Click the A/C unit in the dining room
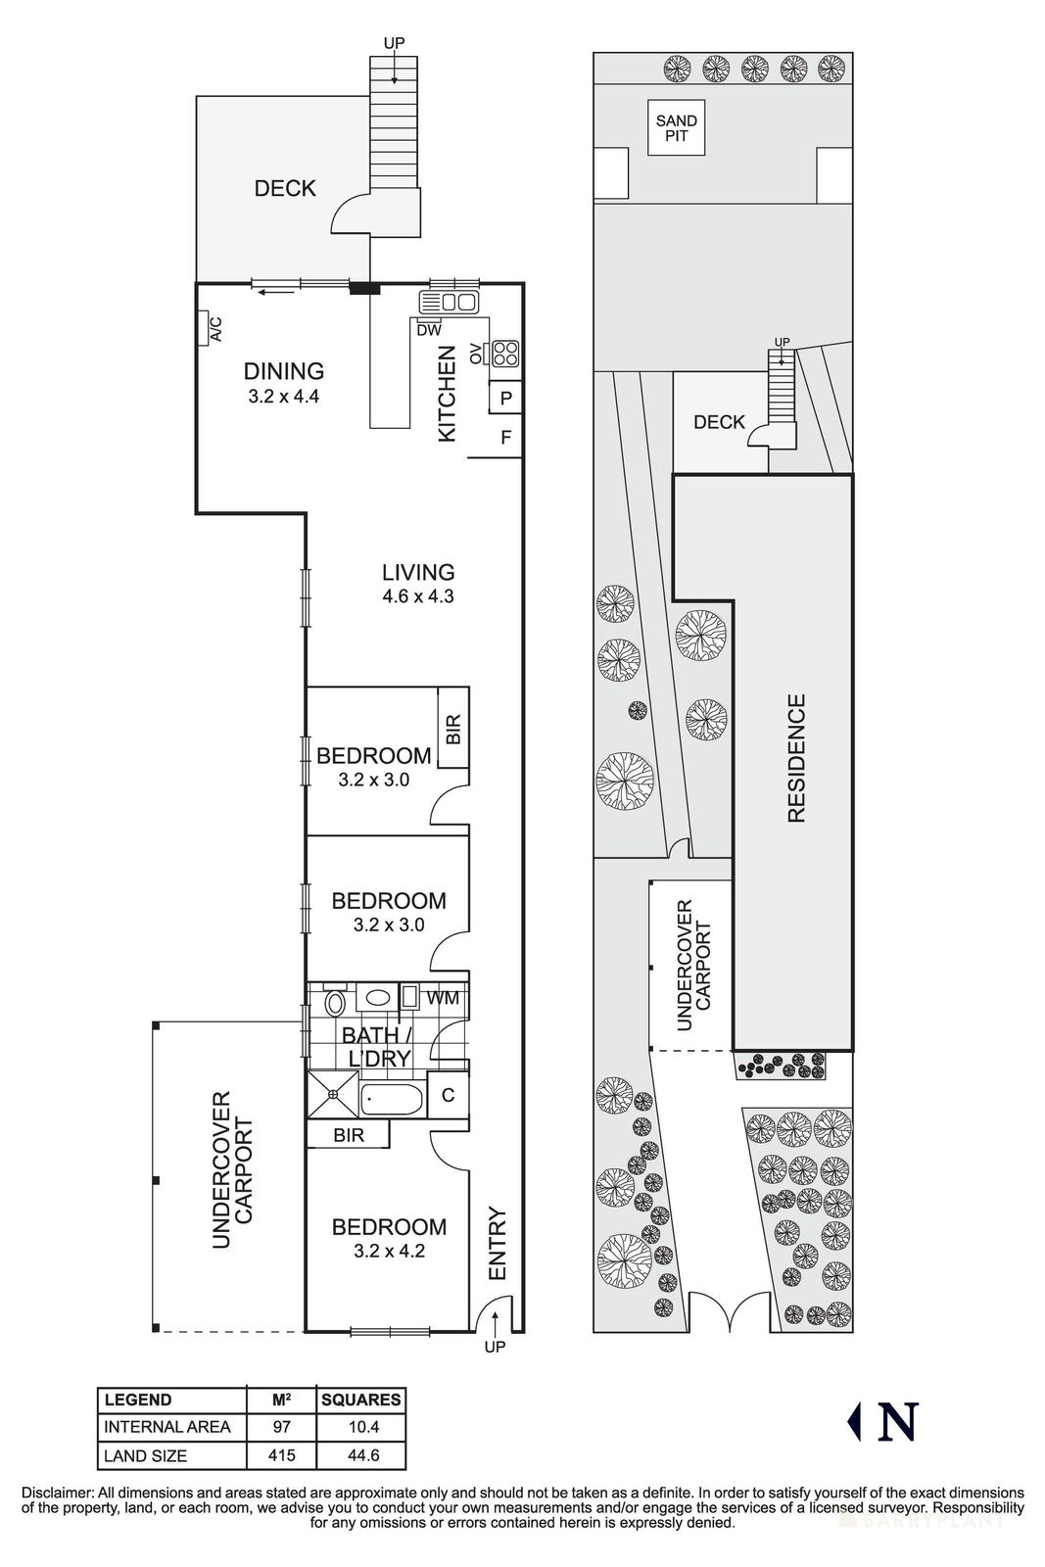209,328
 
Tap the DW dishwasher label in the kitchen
428,330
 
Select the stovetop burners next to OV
504,353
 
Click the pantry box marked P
505,398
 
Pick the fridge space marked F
505,438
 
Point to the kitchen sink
449,302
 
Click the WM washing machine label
444,998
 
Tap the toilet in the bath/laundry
335,1003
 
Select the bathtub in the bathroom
392,1099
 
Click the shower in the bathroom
334,1095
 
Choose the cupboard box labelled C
448,1095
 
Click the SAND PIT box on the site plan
677,128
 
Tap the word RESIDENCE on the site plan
795,758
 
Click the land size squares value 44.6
361,1455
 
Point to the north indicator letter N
897,1422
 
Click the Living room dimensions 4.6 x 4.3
418,595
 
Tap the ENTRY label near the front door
497,1244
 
